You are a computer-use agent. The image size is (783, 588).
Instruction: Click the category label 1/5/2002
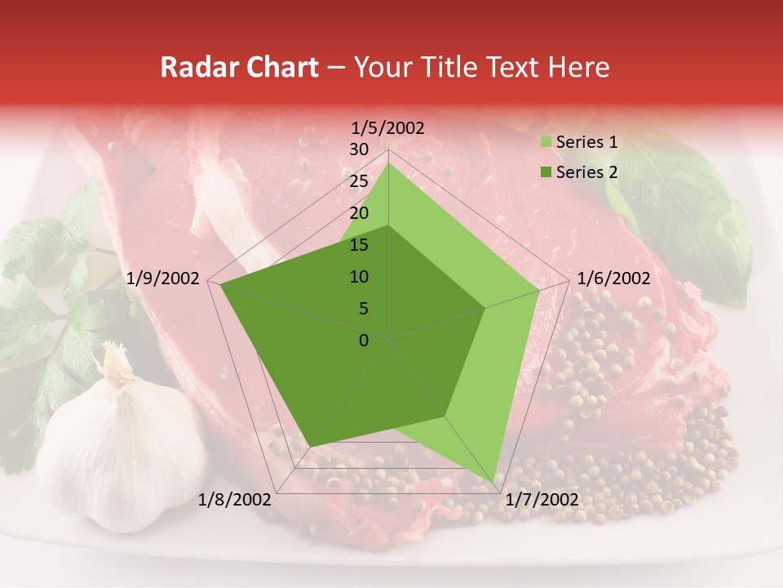388,127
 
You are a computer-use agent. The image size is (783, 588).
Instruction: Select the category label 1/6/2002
613,278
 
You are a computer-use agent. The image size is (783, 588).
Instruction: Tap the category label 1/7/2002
542,500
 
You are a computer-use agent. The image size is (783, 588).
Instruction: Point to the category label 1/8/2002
235,500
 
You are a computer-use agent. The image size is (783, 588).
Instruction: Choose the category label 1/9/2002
163,278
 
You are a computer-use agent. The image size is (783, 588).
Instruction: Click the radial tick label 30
358,149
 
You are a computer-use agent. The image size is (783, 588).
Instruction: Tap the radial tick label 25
358,181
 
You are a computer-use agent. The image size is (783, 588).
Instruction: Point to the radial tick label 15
358,245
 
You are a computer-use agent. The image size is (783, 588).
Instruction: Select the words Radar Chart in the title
239,67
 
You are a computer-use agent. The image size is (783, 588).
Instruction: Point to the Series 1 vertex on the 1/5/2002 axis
388,163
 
